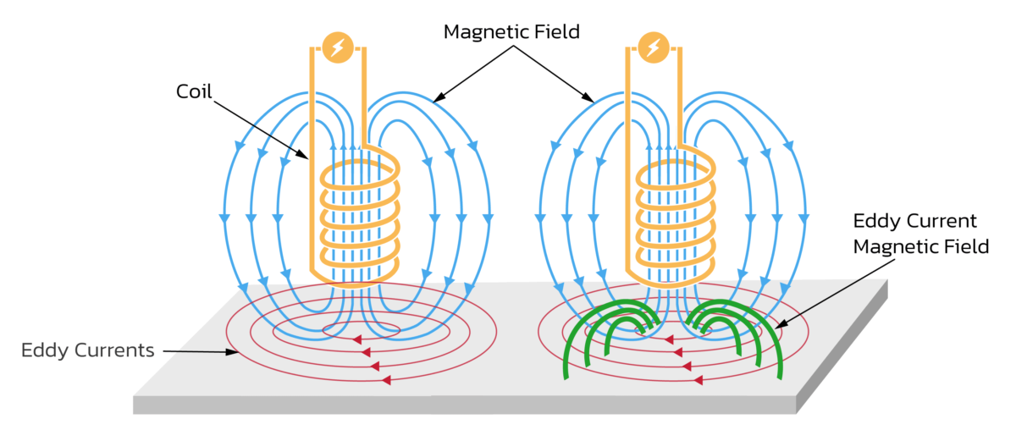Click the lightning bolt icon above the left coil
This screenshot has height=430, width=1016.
click(x=337, y=47)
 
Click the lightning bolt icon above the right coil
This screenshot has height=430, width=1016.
click(x=652, y=47)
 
